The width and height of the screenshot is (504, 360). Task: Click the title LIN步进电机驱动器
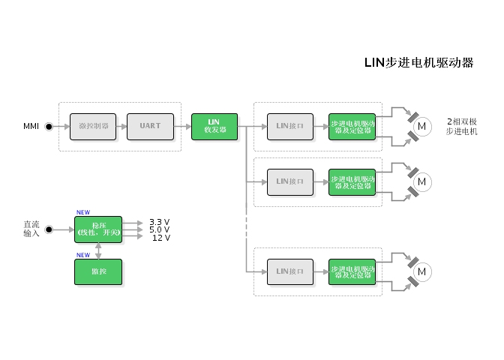click(x=418, y=63)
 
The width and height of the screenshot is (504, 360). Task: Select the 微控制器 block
click(x=93, y=126)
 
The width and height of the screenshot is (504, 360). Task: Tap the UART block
click(x=150, y=126)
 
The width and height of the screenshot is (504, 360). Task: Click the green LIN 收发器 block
click(x=214, y=126)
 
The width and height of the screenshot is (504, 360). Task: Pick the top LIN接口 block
click(x=290, y=126)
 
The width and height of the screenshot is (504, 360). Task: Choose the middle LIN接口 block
click(x=290, y=181)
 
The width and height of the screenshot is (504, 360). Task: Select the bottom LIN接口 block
click(x=290, y=271)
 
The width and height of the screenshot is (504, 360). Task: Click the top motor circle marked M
click(x=421, y=126)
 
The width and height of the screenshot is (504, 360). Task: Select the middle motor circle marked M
click(x=421, y=181)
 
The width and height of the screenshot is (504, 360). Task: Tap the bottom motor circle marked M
click(x=421, y=271)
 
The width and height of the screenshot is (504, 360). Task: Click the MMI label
click(x=31, y=126)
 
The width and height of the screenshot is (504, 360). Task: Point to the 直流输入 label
click(x=31, y=229)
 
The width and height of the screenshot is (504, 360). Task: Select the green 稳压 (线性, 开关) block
click(x=97, y=229)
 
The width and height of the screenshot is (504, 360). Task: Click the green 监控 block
click(x=97, y=271)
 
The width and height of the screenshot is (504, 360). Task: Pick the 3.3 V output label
click(x=159, y=222)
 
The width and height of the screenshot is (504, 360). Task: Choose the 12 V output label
click(x=160, y=238)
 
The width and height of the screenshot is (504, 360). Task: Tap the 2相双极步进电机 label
click(x=461, y=126)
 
